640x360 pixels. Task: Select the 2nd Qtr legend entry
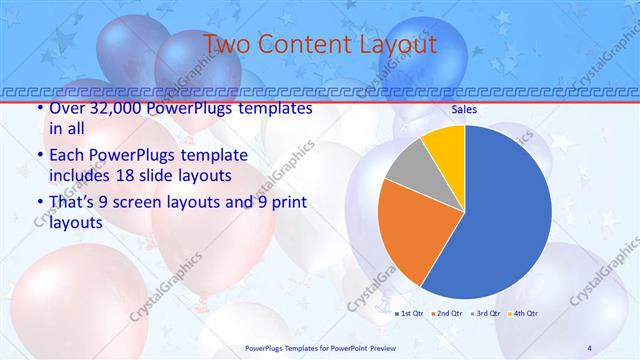pyautogui.click(x=447, y=315)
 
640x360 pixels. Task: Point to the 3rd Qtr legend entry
pyautogui.click(x=486, y=315)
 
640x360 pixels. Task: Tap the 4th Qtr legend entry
pyautogui.click(x=524, y=315)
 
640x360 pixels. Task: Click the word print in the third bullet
pyautogui.click(x=284, y=204)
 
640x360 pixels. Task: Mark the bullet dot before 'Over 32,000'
pyautogui.click(x=39, y=109)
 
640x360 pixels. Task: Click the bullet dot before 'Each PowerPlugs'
pyautogui.click(x=39, y=156)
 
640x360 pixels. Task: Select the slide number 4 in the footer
pyautogui.click(x=589, y=347)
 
